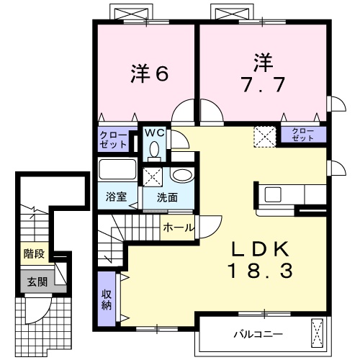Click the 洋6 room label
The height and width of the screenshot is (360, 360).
149,73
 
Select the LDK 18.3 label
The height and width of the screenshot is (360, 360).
261,260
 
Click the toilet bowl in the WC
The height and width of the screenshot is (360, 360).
154,149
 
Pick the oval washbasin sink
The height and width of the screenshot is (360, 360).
181,175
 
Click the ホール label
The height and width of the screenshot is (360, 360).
178,228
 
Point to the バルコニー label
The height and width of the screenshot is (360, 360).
257,334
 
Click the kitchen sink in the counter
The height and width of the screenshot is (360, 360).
273,194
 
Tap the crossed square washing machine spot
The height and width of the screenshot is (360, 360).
153,176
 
